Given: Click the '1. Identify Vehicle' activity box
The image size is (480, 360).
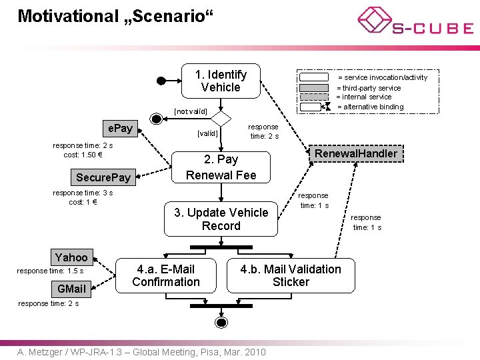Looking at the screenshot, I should pos(221,81).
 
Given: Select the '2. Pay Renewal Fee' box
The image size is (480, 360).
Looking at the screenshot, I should pos(221,167).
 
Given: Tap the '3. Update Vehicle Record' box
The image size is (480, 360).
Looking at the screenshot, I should pos(221,219).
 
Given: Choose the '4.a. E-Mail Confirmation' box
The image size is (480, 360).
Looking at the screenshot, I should pos(166,275).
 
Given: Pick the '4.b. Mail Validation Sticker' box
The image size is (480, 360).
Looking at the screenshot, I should pos(291,275).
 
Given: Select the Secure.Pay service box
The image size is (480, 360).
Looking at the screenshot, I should pos(103,177).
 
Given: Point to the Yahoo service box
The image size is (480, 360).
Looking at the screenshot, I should pos(71,257).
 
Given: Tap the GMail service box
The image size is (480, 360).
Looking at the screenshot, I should pos(71,289).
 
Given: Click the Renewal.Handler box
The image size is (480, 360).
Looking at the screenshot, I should pos(356,153).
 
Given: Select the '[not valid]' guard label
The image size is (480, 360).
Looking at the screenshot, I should pos(191,111).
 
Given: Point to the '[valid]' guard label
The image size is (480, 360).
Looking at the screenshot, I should pos(207,133).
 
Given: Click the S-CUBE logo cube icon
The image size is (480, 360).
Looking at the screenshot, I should pos(375,20).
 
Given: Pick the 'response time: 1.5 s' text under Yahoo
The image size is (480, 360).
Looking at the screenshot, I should pos(50,271).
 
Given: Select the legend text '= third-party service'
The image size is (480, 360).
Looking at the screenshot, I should pos(369,88).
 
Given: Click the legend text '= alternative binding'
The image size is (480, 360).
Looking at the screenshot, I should pos(371,107).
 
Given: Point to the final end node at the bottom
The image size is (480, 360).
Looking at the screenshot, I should pos(221,323).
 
